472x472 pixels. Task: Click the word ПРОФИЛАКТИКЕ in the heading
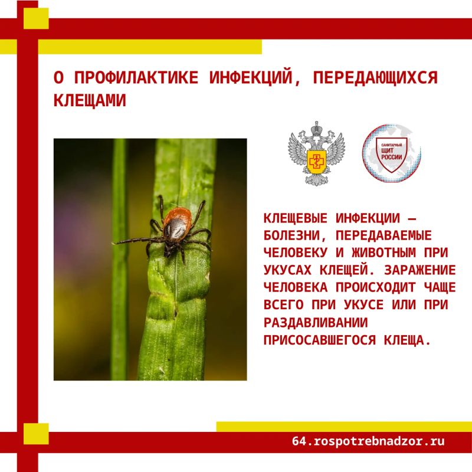tap(136, 77)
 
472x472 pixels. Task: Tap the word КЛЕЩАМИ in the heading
tap(90, 100)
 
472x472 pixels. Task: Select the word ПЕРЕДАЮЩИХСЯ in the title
tap(375, 77)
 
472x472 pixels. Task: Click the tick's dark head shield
tap(174, 229)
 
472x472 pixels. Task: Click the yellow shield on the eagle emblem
tap(316, 162)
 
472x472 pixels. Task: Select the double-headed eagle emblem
tap(316, 153)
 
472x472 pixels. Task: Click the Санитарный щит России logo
tap(391, 153)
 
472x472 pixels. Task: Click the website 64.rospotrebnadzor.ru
tap(368, 441)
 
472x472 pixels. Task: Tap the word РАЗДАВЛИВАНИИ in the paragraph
tap(316, 322)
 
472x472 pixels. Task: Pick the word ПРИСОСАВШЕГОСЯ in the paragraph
tap(320, 340)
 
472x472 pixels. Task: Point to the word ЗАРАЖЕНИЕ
tap(420, 270)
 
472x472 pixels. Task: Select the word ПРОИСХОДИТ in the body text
tap(376, 287)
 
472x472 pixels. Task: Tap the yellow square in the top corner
tap(36, 18)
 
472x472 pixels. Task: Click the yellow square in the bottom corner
tap(36, 434)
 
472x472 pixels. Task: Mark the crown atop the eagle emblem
tap(316, 129)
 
